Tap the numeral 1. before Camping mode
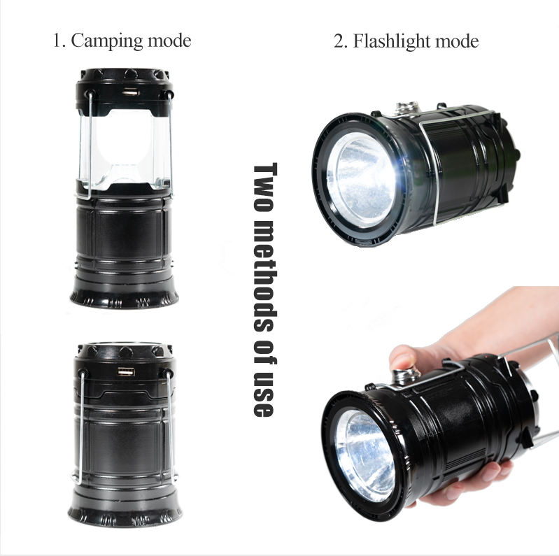(59, 41)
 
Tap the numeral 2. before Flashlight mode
(341, 41)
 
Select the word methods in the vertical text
(265, 276)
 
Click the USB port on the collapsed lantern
(126, 373)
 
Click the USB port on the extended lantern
(130, 92)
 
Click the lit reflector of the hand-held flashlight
(364, 455)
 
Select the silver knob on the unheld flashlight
(407, 108)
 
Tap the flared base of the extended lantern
(124, 292)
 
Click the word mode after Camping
(169, 41)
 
